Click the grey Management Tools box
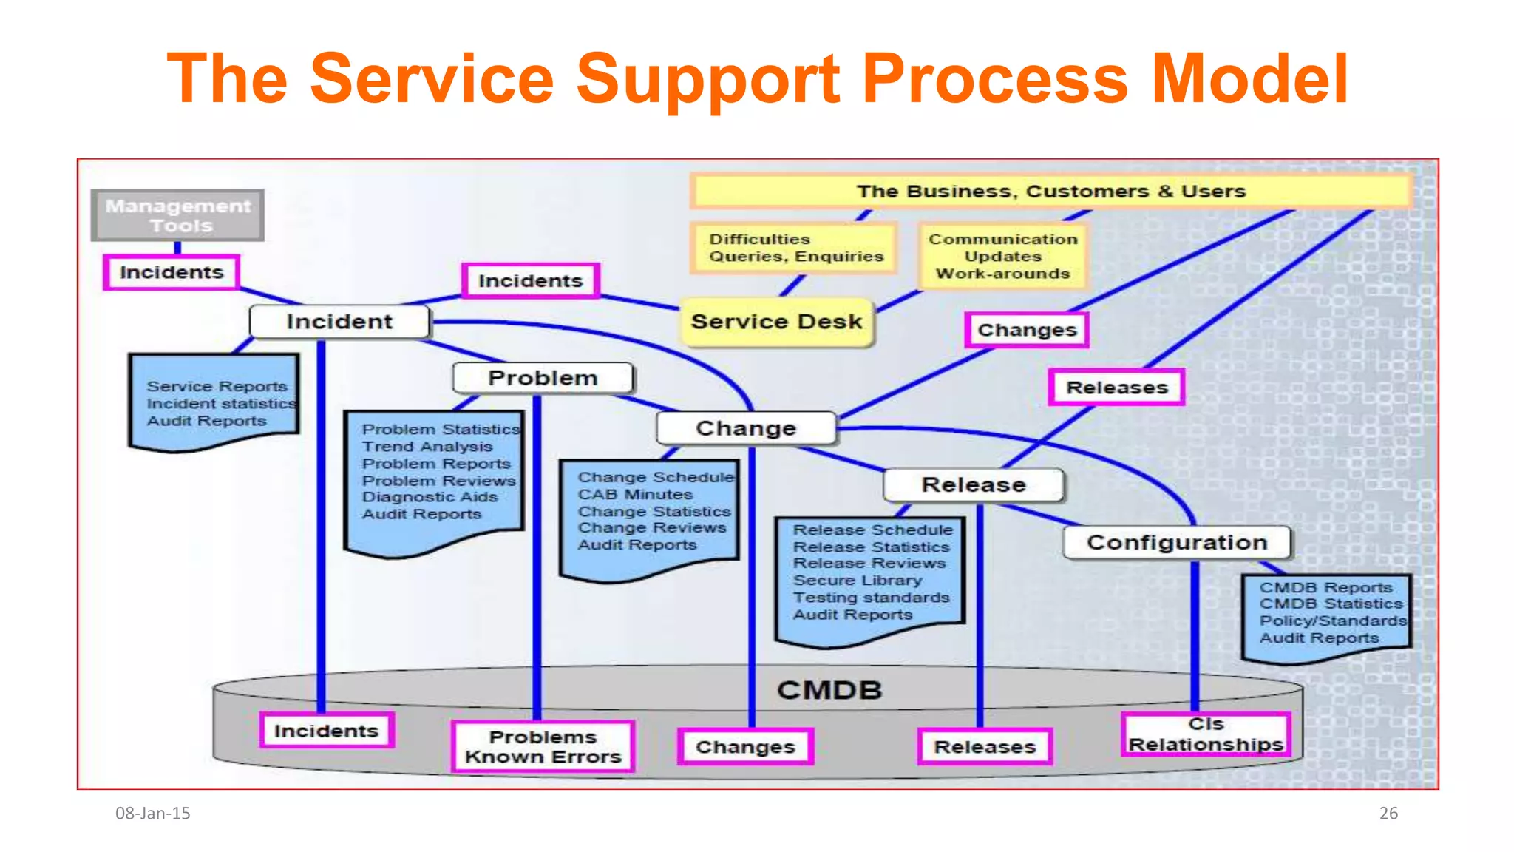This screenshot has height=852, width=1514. click(x=177, y=215)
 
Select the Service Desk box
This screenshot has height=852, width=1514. click(x=776, y=322)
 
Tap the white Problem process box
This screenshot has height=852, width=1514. click(x=543, y=378)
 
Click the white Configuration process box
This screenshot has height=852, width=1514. click(x=1177, y=542)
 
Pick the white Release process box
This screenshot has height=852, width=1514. click(x=974, y=484)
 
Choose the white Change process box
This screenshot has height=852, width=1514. click(x=746, y=428)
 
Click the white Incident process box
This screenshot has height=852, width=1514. click(x=339, y=322)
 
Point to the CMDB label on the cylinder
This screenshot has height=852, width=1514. click(x=829, y=690)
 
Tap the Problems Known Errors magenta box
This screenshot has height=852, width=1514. click(x=543, y=747)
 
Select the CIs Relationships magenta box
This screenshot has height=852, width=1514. click(x=1206, y=734)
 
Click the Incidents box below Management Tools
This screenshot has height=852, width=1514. click(x=172, y=272)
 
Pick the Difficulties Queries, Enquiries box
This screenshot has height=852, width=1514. click(x=795, y=248)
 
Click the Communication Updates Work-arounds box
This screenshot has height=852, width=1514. click(x=1003, y=257)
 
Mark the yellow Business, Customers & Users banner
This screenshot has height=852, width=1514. click(x=1050, y=192)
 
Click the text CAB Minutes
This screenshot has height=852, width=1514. click(x=635, y=494)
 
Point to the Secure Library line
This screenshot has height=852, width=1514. click(x=857, y=581)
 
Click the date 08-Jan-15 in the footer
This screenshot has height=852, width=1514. click(x=153, y=813)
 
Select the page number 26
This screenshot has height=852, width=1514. click(x=1388, y=813)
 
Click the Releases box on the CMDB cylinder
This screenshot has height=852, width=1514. click(x=985, y=747)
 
